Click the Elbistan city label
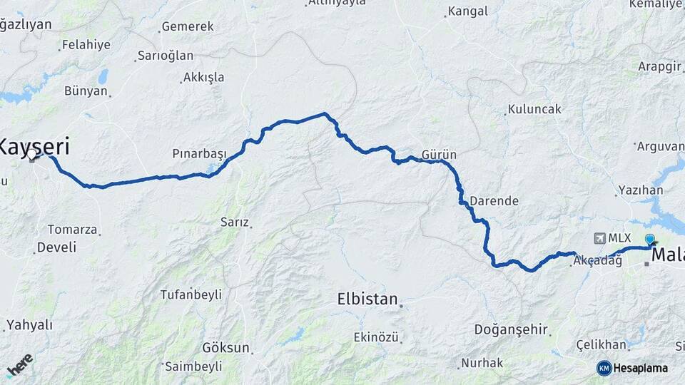pos(367,299)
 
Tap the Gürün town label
pos(439,154)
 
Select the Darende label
pos(494,201)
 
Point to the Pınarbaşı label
pos(199,154)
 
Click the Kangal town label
pos(468,11)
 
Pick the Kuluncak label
pos(534,110)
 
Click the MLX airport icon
pos(599,237)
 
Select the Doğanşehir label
pos(511,329)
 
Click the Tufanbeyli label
pos(191,294)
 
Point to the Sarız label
pos(234,222)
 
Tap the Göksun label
pos(225,348)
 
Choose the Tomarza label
pos(71,230)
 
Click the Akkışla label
pos(203,77)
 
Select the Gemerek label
pos(188,26)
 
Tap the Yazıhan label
pos(641,190)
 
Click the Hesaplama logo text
pos(640,368)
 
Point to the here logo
pos(19,365)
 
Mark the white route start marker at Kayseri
pos(33,154)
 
